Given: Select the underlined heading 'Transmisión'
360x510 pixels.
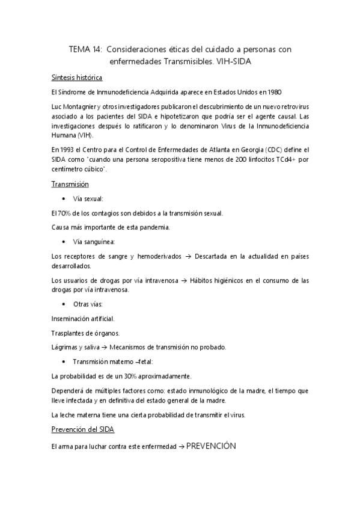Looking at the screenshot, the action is tap(70, 184).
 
